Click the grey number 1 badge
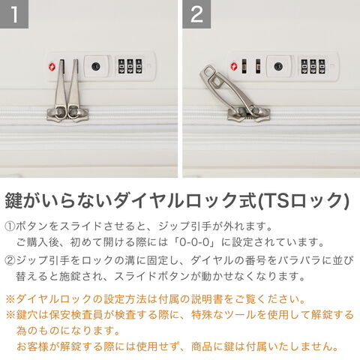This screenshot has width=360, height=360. click(x=14, y=14)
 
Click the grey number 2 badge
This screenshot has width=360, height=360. click(x=196, y=14)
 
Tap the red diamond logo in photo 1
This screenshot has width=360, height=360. click(x=52, y=67)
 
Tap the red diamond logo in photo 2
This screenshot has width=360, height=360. click(x=234, y=67)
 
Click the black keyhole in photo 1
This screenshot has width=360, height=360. click(x=96, y=67)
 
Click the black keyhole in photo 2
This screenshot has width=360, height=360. click(x=278, y=67)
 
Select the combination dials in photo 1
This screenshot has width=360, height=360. click(x=130, y=67)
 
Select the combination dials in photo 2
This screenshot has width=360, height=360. click(x=313, y=67)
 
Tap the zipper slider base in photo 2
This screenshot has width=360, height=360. click(x=248, y=115)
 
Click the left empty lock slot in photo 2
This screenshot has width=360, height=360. click(x=244, y=66)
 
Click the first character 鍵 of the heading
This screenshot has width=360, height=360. click(x=13, y=200)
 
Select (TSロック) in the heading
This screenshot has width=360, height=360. click(x=303, y=200)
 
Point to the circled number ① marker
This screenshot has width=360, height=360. click(x=10, y=226)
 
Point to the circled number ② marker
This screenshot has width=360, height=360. click(x=10, y=260)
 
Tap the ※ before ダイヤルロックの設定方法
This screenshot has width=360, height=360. click(x=10, y=299)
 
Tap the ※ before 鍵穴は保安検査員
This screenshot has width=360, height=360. click(x=10, y=315)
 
